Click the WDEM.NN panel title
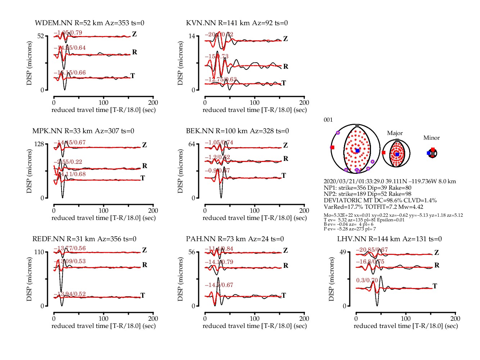(x=89, y=23)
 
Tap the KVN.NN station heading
(x=237, y=23)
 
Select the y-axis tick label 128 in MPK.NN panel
(x=39, y=144)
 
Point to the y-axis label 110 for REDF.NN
(x=39, y=252)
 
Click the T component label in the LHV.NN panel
(x=435, y=286)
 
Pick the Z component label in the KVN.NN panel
(x=285, y=39)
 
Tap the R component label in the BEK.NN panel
(x=286, y=159)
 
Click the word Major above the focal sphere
(x=395, y=133)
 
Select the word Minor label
(x=431, y=138)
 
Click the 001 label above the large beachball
(x=328, y=120)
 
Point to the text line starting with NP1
(x=367, y=188)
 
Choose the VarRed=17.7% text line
(x=373, y=207)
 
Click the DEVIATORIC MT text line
(x=380, y=201)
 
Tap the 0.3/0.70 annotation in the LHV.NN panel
(x=367, y=280)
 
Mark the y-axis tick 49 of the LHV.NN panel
(x=343, y=252)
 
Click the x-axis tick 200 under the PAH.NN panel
(x=304, y=319)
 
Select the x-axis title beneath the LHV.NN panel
(x=406, y=326)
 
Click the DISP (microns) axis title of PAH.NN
(x=180, y=279)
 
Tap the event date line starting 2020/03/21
(x=390, y=181)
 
